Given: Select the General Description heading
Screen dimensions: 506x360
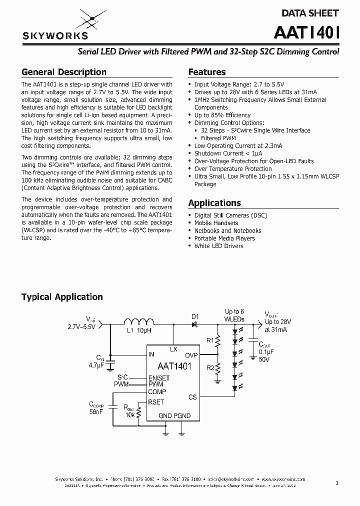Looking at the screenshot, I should pos(63,72).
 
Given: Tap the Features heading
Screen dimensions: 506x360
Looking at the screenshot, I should pos(206,72).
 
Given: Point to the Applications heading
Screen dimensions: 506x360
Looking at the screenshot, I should pos(214,203).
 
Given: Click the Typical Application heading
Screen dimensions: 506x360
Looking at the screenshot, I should pos(62,297).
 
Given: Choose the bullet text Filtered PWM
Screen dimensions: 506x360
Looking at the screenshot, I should pos(218,138).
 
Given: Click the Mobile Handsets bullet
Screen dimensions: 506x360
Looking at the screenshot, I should pos(216,223).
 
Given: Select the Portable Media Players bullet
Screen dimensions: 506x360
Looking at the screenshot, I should pos(224,238).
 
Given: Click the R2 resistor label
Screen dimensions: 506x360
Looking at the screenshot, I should pos(210,368).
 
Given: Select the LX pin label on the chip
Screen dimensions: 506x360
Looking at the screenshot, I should pos(173,349).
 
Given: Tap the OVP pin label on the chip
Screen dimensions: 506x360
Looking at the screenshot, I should pos(191,354).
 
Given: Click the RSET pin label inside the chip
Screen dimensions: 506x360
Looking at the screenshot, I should pos(156,401).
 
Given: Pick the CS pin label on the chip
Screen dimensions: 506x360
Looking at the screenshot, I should pos(192,397).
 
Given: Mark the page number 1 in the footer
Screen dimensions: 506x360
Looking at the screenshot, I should pos(337,483).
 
